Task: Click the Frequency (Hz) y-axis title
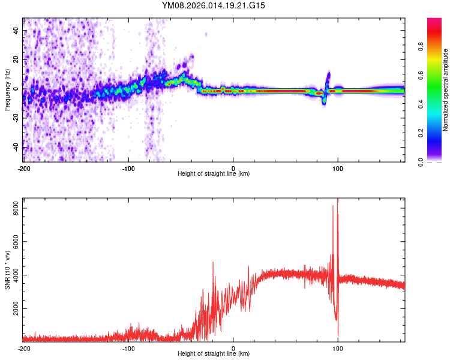[7, 90]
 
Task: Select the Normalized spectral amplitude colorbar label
[445, 90]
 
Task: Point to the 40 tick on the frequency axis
[16, 31]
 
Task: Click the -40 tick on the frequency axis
[16, 148]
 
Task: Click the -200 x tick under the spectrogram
[24, 167]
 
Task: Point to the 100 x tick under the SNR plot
[338, 348]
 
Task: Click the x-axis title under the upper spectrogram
[214, 174]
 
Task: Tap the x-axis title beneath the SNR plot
[214, 354]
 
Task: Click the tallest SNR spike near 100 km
[338, 200]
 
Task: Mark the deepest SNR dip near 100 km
[338, 334]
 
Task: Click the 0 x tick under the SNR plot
[233, 348]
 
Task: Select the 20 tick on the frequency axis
[16, 60]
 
